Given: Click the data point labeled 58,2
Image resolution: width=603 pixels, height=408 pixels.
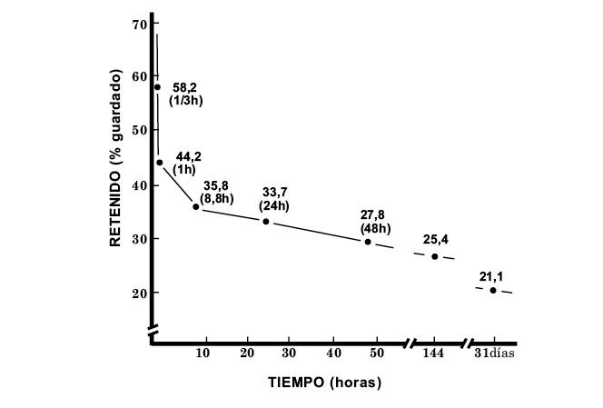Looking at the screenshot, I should click(x=157, y=87).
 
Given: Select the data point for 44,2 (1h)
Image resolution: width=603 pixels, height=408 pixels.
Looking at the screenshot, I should click(x=160, y=163).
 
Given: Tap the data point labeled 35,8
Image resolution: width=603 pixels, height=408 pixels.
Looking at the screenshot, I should click(x=196, y=206).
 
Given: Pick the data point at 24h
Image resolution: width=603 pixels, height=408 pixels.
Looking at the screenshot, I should click(x=266, y=221).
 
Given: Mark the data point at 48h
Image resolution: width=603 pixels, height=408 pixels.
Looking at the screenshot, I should click(x=368, y=242).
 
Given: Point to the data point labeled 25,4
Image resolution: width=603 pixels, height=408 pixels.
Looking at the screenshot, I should click(x=435, y=256).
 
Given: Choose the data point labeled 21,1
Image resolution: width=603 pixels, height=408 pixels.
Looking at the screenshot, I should click(x=493, y=290).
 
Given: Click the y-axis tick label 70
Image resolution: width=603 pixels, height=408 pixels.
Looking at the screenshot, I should click(x=138, y=23).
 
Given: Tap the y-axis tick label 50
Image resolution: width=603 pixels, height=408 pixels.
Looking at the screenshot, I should click(x=138, y=130).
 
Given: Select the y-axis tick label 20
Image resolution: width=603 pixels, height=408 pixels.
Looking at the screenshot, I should click(x=138, y=293).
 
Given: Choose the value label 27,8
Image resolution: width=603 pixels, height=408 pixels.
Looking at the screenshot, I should click(x=373, y=214).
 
